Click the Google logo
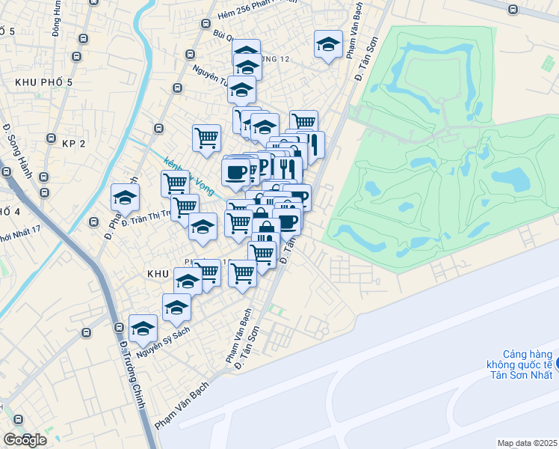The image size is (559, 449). [25, 440]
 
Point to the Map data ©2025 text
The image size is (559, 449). [528, 443]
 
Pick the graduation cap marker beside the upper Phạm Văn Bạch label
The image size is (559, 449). [328, 46]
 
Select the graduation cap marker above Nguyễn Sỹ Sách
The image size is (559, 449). [143, 328]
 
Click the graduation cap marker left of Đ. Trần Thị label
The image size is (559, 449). [126, 198]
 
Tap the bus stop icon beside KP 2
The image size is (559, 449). [52, 137]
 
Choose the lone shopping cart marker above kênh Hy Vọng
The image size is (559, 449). [206, 138]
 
